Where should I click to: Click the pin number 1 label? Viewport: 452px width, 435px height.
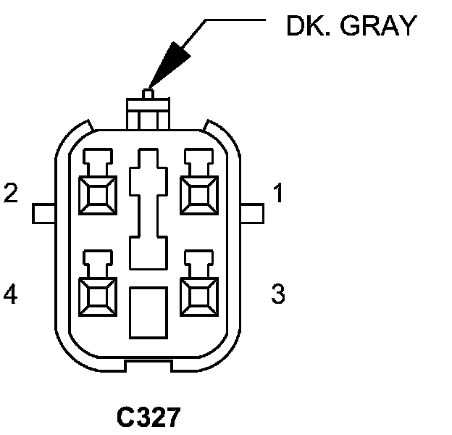[278, 194]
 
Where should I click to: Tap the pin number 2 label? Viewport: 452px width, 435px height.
[11, 194]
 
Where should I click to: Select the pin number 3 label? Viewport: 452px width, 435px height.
[278, 294]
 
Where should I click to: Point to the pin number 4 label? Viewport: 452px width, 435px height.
[11, 294]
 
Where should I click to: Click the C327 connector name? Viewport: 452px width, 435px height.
[148, 418]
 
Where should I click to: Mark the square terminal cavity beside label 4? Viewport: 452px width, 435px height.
[98, 294]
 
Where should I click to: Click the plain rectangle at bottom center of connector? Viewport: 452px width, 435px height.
[148, 311]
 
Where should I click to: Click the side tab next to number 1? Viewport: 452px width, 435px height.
[252, 212]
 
